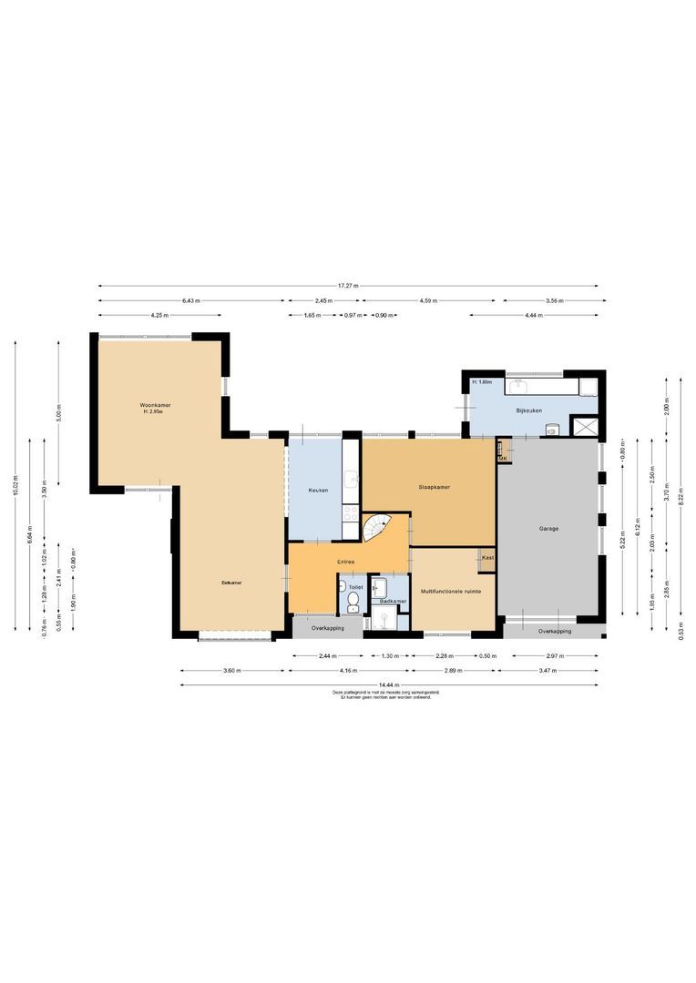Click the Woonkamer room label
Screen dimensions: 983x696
(155, 405)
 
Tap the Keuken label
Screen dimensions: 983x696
(318, 491)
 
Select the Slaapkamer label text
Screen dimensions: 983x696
(435, 487)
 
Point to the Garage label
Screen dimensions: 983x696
(548, 528)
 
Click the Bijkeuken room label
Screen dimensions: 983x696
(528, 410)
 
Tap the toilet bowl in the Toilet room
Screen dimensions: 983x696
(353, 607)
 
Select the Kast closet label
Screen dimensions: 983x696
(487, 557)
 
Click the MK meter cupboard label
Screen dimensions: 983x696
(502, 459)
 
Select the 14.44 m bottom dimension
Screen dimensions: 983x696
(390, 684)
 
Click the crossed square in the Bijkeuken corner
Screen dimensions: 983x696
(583, 426)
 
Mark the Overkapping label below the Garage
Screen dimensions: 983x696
(554, 631)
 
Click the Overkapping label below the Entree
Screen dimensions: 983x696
(328, 628)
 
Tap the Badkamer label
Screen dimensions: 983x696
(393, 602)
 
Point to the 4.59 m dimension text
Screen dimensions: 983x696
(430, 300)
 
